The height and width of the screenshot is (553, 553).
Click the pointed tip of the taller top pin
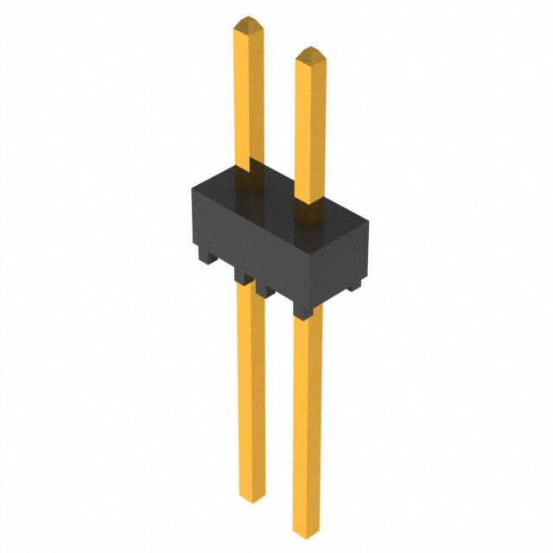click(x=249, y=19)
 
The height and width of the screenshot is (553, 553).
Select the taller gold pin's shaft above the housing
click(x=249, y=95)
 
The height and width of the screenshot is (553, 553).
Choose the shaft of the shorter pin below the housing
click(x=251, y=389)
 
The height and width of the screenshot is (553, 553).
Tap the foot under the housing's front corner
click(x=302, y=308)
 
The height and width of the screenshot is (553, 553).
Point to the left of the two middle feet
click(x=242, y=277)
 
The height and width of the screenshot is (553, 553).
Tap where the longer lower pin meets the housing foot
click(x=307, y=318)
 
